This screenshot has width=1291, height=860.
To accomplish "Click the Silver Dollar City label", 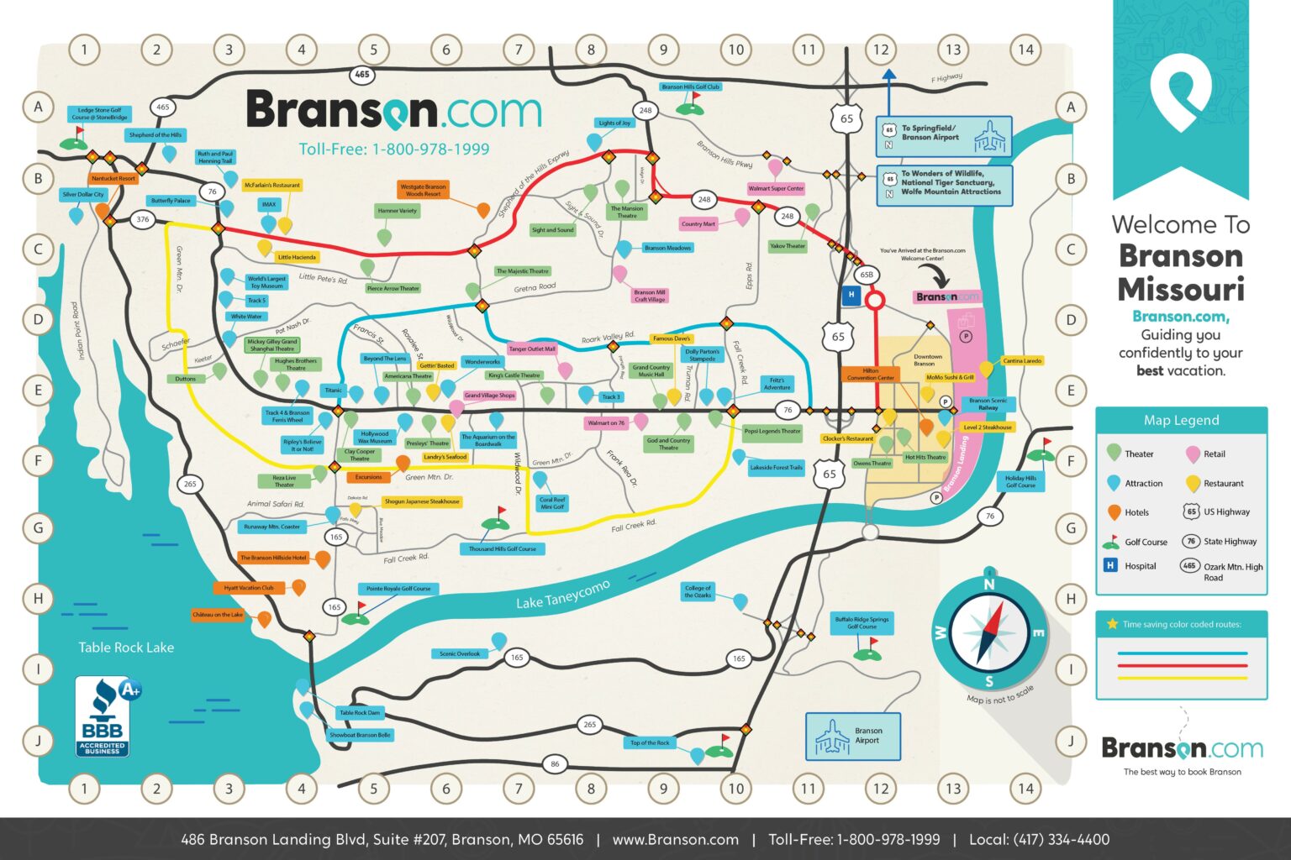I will (x=83, y=194).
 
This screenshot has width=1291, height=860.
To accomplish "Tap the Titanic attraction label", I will (x=334, y=391).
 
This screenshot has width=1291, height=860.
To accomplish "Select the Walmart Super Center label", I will (x=776, y=189).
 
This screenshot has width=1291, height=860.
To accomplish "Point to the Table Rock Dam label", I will (x=360, y=713).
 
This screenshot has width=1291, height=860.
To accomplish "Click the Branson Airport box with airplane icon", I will (x=852, y=736).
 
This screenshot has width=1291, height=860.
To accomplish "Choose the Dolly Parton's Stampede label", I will (x=703, y=355).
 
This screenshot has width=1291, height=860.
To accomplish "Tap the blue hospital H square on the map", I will (x=851, y=295).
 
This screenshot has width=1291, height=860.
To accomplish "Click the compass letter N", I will (x=989, y=585).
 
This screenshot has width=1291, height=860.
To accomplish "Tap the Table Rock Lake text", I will (x=126, y=648).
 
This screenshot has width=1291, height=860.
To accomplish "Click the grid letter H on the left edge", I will (x=38, y=599).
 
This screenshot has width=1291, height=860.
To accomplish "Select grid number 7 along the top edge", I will (x=519, y=50).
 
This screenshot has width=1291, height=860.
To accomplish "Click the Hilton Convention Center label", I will (x=871, y=375).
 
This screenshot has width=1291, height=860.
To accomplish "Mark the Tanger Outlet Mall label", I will (x=532, y=349).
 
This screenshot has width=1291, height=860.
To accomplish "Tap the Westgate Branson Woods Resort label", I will (x=423, y=191).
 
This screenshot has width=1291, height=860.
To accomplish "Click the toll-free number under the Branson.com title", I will (x=394, y=149).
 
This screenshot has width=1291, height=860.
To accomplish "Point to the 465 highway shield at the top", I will (x=362, y=74).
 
